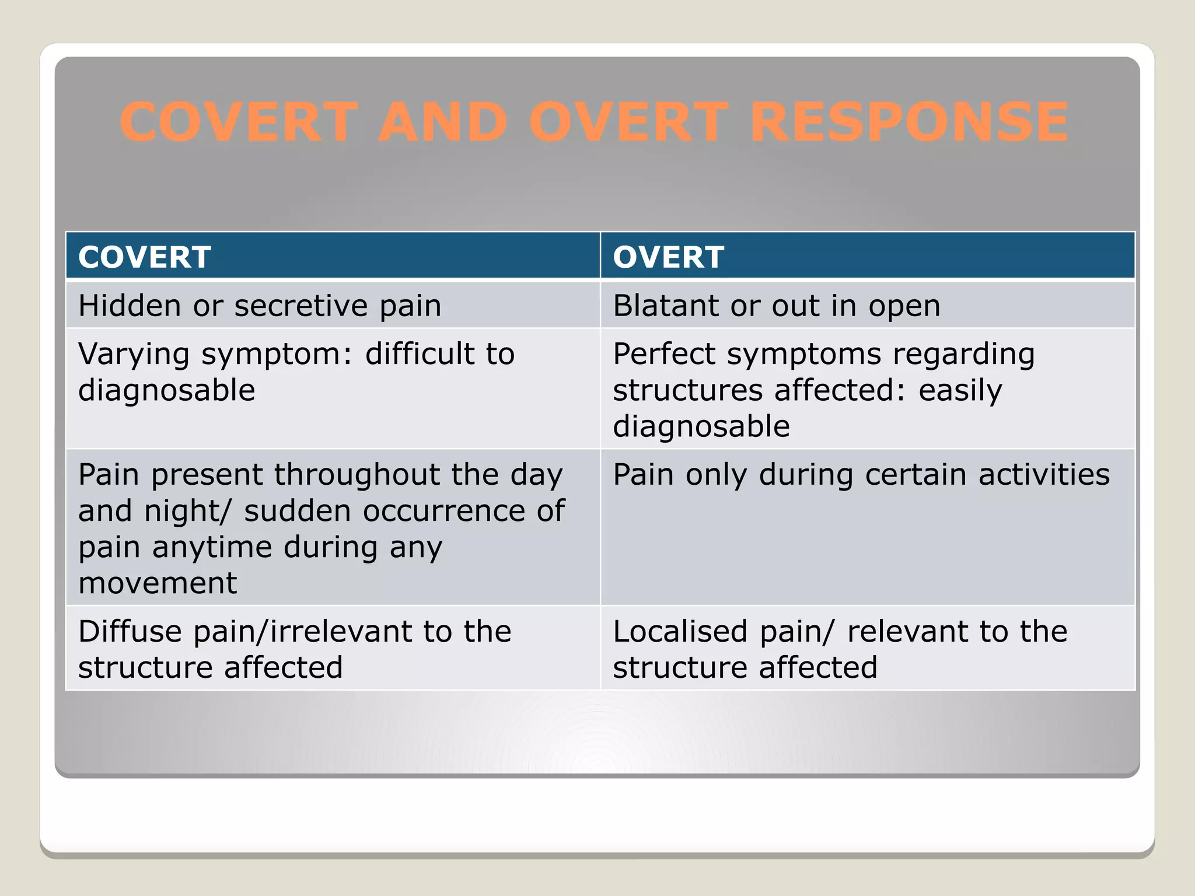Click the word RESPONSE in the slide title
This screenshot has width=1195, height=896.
(909, 122)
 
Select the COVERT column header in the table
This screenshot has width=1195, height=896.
(145, 257)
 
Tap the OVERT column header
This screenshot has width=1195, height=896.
(668, 257)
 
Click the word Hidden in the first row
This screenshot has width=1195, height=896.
(130, 306)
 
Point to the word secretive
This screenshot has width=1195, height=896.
(301, 306)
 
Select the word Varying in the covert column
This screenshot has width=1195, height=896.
(134, 354)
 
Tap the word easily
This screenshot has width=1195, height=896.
(960, 390)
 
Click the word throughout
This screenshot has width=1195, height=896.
(357, 474)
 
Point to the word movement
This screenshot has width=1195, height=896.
(158, 583)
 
